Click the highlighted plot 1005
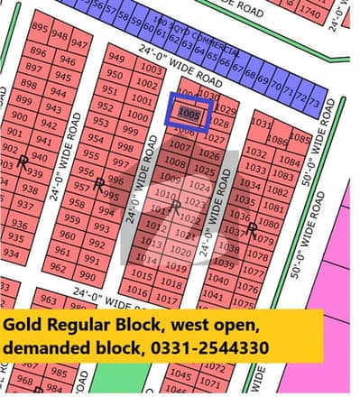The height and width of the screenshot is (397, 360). (189, 115)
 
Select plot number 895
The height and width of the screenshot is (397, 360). (39, 28)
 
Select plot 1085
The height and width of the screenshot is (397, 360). (301, 140)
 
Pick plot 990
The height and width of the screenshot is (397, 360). (87, 275)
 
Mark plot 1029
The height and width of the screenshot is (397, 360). (227, 111)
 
